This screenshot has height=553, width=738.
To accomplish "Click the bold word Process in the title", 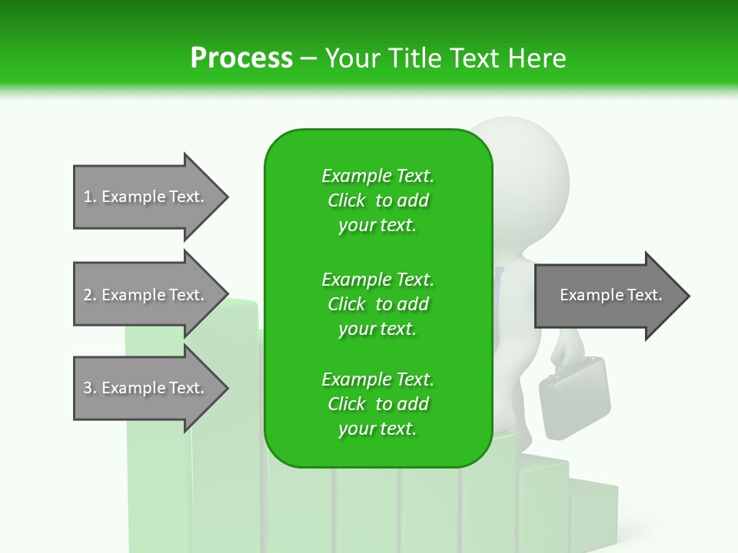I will pos(241,58).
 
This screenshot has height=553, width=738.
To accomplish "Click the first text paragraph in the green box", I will pos(377,200).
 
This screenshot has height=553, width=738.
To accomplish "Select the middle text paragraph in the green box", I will pos(377,304).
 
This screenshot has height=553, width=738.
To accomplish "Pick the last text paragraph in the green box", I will pos(377,404).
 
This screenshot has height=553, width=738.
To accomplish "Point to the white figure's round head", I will pos(530,169).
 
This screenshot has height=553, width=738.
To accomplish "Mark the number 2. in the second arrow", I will pos(90,295).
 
